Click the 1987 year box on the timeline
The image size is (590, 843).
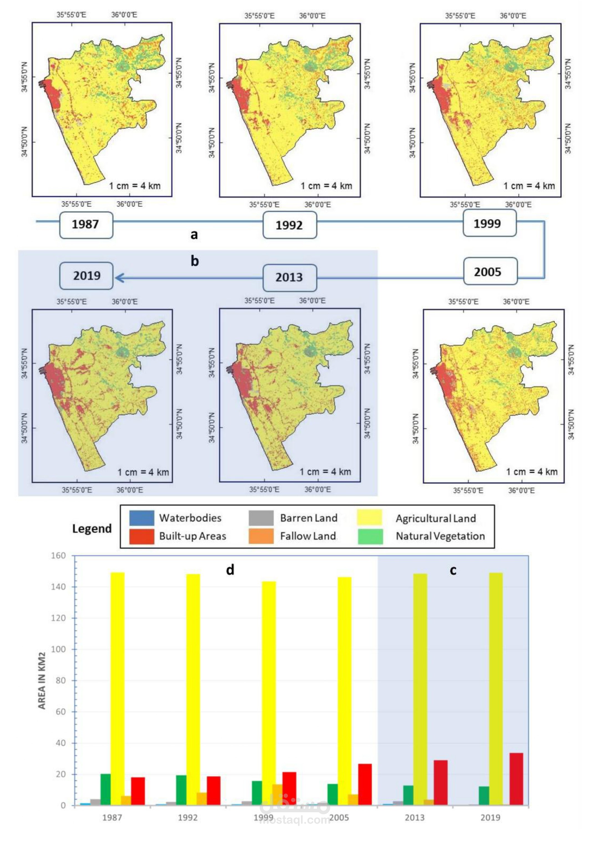86,225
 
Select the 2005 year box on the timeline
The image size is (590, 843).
491,271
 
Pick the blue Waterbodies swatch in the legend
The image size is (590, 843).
142,518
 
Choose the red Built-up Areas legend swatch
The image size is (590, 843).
142,536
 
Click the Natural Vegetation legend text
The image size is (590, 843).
440,536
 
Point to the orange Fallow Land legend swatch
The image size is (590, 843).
261,536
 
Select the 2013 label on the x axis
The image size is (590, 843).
414,818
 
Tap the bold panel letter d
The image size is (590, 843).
230,570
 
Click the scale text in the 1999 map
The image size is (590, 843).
529,186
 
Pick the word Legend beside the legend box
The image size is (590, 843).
92,529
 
